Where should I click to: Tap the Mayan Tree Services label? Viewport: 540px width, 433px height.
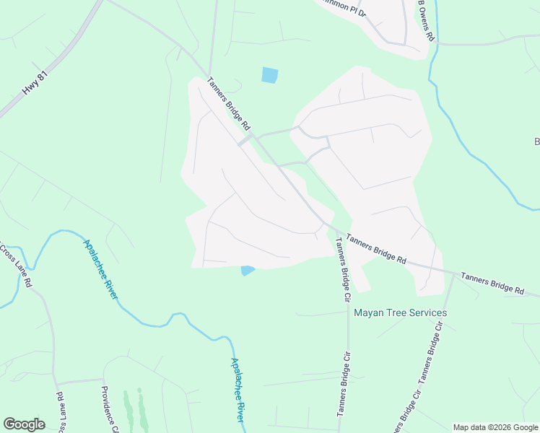pyautogui.click(x=400, y=313)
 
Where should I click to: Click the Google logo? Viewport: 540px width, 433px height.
pyautogui.click(x=24, y=424)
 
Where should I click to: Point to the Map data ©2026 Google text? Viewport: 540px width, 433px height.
pyautogui.click(x=495, y=427)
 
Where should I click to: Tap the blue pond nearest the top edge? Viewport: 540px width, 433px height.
pyautogui.click(x=269, y=74)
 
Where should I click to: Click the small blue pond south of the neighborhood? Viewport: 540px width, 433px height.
pyautogui.click(x=247, y=271)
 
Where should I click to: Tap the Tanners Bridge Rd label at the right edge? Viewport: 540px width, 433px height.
pyautogui.click(x=492, y=283)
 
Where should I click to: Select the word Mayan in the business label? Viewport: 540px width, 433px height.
pyautogui.click(x=368, y=313)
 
